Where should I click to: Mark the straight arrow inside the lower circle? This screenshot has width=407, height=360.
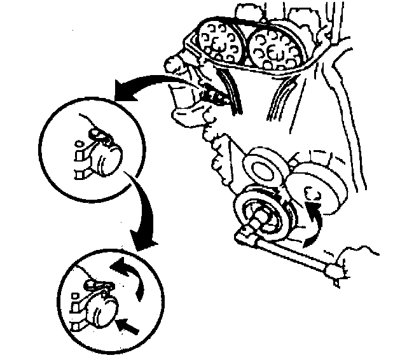click(x=130, y=327)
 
